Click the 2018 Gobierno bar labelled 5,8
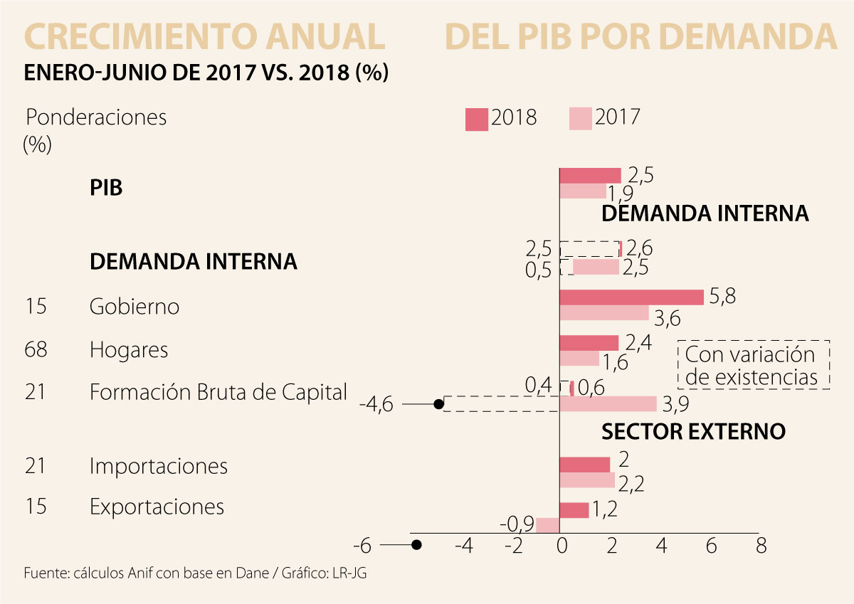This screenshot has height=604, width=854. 632,297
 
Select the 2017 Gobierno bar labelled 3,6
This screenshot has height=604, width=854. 605,313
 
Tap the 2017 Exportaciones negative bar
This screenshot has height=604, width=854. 548,525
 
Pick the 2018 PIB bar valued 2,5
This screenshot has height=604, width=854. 591,176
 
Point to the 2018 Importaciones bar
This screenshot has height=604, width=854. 585,465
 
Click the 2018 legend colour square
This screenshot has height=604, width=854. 477,120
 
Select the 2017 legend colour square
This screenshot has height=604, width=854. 581,120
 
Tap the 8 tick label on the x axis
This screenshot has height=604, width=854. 760,546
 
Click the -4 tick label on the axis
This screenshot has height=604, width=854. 463,546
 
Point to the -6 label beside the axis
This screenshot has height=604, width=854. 362,546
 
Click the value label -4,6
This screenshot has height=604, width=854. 376,405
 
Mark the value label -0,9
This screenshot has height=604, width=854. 517,524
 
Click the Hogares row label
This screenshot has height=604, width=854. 129,350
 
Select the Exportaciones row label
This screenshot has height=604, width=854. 157,507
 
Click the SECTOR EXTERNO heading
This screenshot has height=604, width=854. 693,432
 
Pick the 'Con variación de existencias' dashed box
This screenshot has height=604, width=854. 754,364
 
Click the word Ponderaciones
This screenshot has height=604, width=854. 96,117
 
